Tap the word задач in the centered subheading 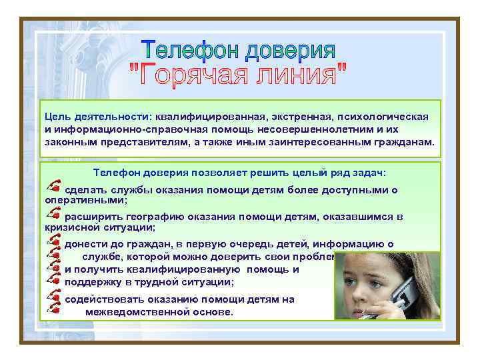tap(371, 173)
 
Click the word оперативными tap(85, 199)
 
